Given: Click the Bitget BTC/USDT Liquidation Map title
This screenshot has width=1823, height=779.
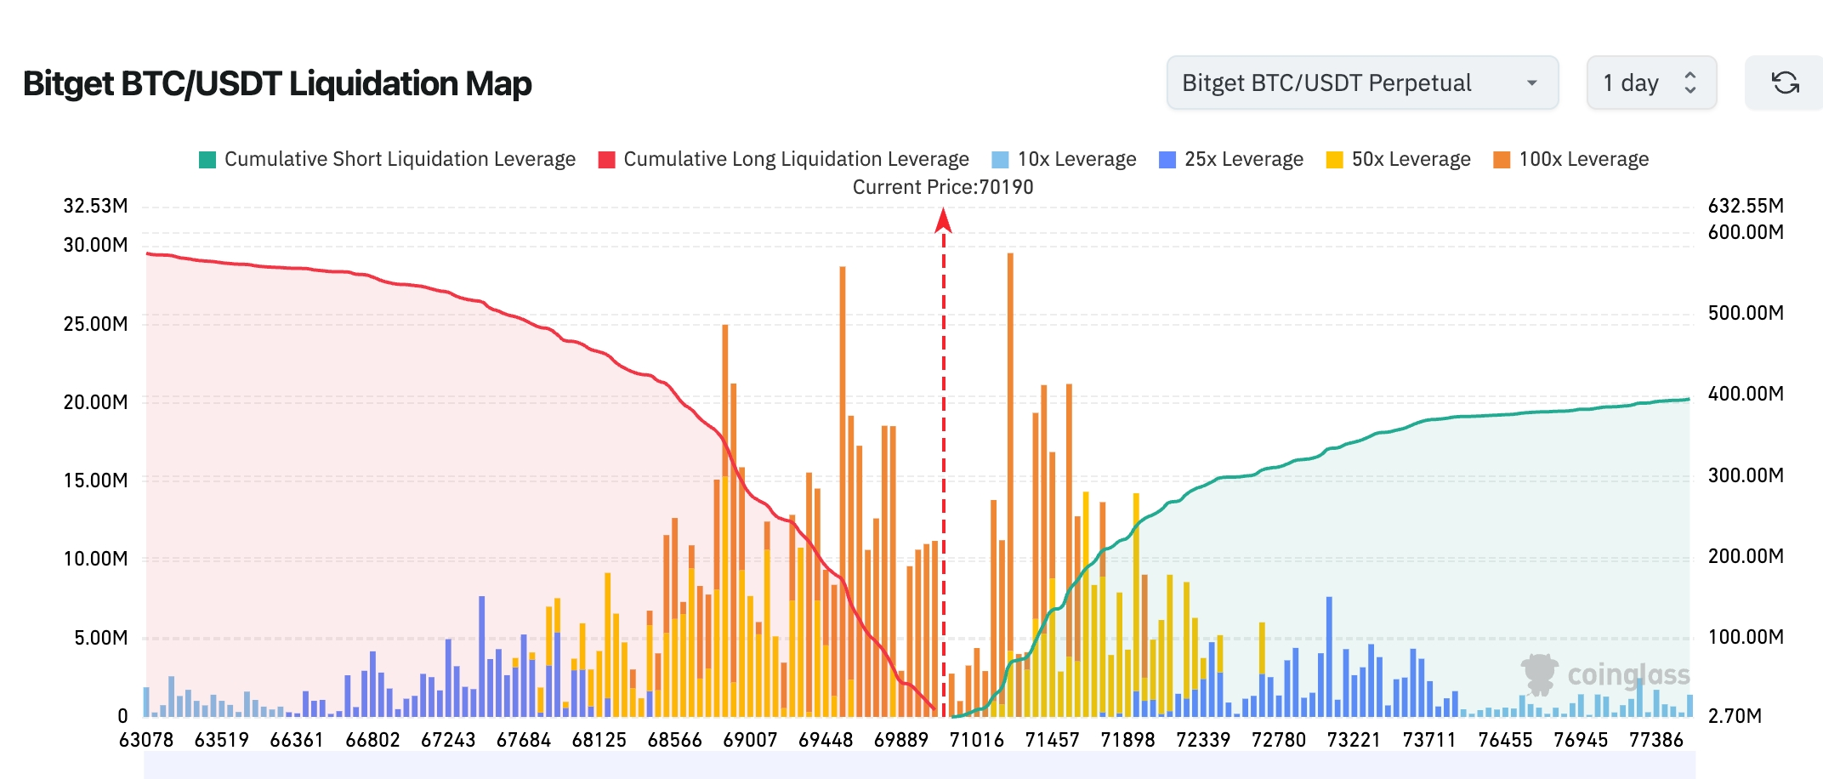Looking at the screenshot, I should [x=277, y=83].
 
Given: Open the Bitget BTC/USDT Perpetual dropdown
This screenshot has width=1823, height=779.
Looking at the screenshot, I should [x=1361, y=82].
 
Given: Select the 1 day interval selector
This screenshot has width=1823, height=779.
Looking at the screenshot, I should [x=1650, y=82].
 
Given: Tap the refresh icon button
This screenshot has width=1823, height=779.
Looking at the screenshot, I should [x=1785, y=82].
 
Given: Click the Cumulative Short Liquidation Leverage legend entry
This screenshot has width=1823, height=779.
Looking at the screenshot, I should [x=387, y=159].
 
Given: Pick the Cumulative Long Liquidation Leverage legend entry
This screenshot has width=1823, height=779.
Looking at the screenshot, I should [x=783, y=159].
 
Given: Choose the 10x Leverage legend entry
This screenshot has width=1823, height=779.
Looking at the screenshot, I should [x=1064, y=159].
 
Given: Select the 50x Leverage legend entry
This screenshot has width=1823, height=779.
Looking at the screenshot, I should [x=1398, y=159].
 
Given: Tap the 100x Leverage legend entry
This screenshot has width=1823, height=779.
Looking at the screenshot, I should [x=1570, y=159].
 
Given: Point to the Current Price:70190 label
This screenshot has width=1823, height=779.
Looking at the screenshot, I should [x=943, y=187].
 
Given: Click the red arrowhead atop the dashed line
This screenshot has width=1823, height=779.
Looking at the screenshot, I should [x=943, y=221].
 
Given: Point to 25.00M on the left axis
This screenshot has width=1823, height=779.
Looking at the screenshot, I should [x=95, y=324].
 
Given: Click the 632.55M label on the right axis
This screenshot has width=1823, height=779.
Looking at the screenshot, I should [x=1746, y=206].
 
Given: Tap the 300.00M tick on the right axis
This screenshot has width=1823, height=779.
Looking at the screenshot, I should [x=1746, y=475].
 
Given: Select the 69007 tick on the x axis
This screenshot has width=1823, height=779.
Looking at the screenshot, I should [x=750, y=740].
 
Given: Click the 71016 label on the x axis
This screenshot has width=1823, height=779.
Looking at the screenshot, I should [x=976, y=740].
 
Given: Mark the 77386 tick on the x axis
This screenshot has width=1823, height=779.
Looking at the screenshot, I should [x=1655, y=740].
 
